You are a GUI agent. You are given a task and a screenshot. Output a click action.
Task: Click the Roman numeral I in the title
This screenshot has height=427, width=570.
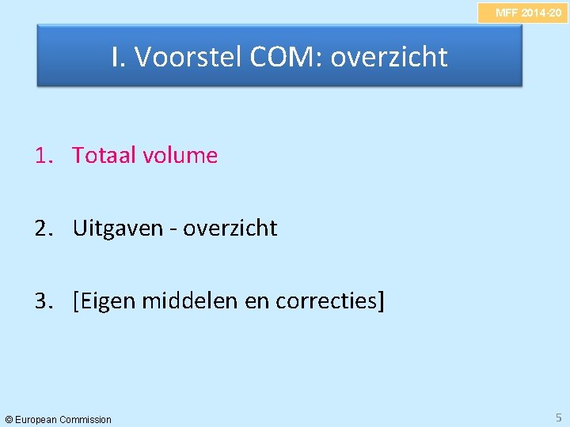tap(117, 57)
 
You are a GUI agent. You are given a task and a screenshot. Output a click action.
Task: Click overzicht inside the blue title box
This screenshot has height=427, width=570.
tap(389, 57)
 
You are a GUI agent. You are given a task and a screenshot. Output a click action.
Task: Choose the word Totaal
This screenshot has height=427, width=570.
tap(104, 156)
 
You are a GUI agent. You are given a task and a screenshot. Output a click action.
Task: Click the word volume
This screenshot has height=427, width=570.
tap(180, 156)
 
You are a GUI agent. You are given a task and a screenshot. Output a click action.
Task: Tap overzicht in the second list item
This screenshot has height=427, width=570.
tap(230, 229)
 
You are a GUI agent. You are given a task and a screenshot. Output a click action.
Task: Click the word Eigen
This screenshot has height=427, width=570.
tap(108, 301)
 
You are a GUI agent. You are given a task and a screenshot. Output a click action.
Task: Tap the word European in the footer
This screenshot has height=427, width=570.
tap(36, 419)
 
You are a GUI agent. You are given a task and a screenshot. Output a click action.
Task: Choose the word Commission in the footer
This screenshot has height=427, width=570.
tap(85, 419)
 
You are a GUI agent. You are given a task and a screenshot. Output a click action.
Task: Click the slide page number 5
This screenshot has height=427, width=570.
tap(557, 417)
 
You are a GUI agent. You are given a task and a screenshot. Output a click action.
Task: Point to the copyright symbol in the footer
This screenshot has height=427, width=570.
tap(9, 419)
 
